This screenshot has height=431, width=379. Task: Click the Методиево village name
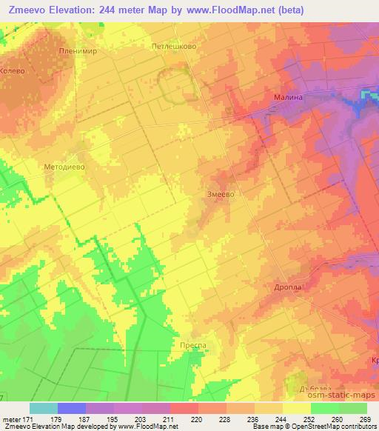(65, 167)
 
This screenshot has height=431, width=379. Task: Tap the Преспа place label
(192, 345)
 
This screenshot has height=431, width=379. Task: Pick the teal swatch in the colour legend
(43, 408)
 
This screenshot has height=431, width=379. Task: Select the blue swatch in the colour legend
(72, 408)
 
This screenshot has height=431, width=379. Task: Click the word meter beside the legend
(10, 419)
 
